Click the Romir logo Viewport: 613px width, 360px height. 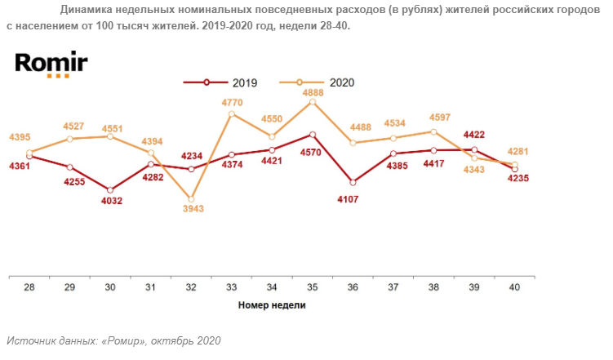pos(51,64)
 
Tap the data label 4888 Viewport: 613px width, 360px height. pos(313,92)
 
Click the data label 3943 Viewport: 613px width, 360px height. pos(193,208)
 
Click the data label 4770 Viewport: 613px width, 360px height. pos(233,103)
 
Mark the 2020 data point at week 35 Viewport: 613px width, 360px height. pos(313,102)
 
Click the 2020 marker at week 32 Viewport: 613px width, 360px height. pos(192,198)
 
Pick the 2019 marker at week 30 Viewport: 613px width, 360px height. pos(111,189)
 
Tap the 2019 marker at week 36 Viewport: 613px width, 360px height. pos(353,182)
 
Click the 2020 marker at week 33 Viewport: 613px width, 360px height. pos(232,113)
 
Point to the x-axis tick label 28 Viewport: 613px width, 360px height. pos(29,287)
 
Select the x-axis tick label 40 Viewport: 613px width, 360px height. pos(514,287)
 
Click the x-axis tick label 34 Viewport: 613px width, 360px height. pos(272,287)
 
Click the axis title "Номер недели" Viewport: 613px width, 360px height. pos(272,305)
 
